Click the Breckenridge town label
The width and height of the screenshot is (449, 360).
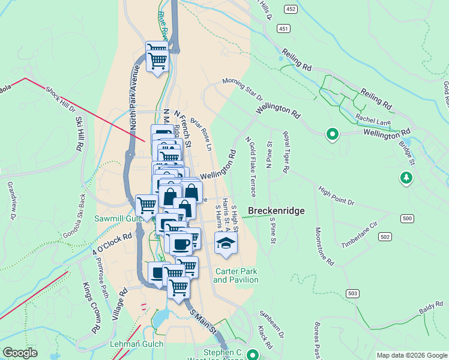tap(277, 211)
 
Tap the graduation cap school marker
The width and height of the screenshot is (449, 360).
tap(226, 242)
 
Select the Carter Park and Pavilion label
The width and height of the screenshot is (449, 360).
tap(235, 275)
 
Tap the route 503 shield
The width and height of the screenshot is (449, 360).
tap(352, 292)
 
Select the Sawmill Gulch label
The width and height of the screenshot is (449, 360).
tap(118, 219)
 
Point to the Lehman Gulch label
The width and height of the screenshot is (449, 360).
tap(120, 344)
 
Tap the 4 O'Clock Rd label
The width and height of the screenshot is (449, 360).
tap(112, 246)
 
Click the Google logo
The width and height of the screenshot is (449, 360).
tap(20, 353)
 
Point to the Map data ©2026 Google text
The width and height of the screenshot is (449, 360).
tap(412, 355)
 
